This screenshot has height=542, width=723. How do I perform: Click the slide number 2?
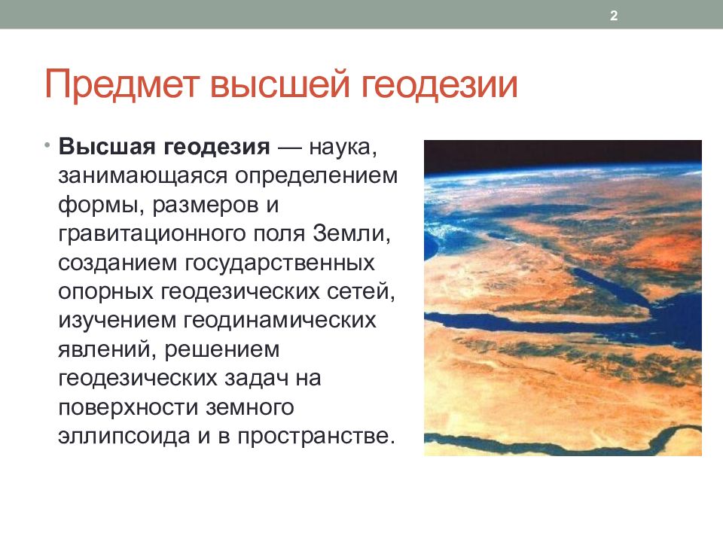pos(614,16)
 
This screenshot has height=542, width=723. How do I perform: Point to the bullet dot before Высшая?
pos(47,146)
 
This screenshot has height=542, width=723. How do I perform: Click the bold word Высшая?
pos(107,147)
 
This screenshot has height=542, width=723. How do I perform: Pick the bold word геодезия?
pos(217,148)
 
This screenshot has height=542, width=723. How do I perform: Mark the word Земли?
pos(352,233)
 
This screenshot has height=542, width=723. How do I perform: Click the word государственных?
pos(280,263)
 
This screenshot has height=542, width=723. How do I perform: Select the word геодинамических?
pos(280,321)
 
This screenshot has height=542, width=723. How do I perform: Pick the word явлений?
pos(108,350)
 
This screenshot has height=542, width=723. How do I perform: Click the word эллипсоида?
pos(124,437)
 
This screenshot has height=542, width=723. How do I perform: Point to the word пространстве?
pos(316,437)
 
